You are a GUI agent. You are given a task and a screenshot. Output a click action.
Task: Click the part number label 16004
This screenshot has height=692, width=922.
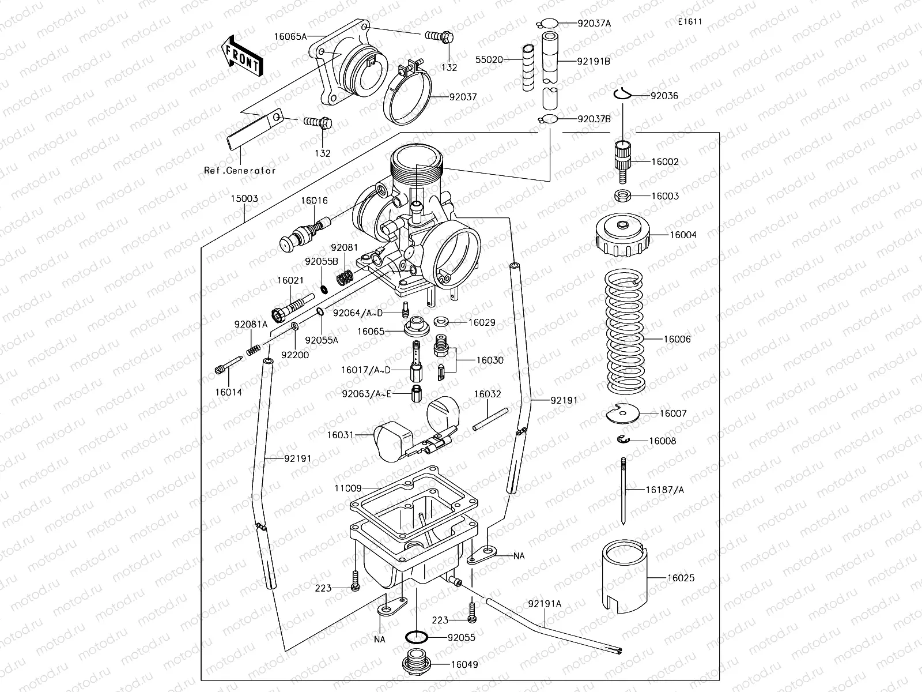pos(682,235)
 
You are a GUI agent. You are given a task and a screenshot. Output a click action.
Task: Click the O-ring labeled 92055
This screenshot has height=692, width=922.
pos(417,638)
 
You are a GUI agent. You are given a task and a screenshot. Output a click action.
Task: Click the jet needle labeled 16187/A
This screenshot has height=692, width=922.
pos(624,490)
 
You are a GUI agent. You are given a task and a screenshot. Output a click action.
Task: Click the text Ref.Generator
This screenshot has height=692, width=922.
pos(240,171)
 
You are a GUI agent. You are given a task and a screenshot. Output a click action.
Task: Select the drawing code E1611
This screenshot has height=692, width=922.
pos(690,22)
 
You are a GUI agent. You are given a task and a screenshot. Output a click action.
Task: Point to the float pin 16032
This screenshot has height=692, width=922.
pos(490,419)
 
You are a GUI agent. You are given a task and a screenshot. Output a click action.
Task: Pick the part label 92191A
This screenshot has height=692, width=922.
pos(544,604)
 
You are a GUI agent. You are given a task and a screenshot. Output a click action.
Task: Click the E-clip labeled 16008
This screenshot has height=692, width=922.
pos(622,441)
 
